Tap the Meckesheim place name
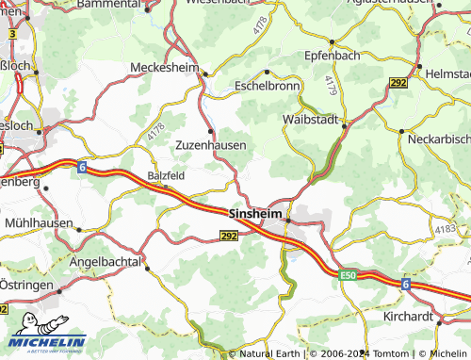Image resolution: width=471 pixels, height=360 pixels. pos(167,67)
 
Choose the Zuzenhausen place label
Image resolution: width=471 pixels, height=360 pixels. pos(211,145)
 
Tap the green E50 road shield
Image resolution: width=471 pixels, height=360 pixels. pos(350,274)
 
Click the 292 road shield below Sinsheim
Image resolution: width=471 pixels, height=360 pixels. pos(228,238)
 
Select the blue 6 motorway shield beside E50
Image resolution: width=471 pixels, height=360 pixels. pos(406,283)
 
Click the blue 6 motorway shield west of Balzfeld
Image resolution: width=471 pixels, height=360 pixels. pos(82,167)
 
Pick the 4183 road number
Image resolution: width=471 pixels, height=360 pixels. pos(445,230)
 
